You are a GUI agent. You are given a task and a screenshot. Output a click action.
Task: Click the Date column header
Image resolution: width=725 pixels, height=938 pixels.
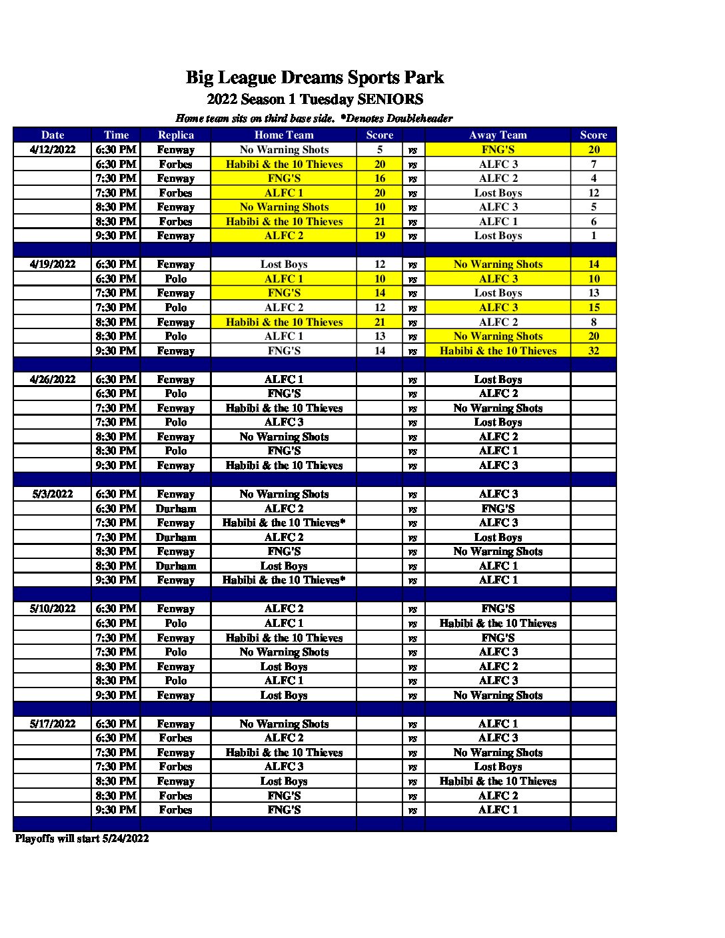52,135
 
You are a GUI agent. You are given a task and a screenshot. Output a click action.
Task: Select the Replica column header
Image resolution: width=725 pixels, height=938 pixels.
175,135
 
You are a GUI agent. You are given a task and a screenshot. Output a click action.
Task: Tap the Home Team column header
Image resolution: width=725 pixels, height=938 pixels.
284,135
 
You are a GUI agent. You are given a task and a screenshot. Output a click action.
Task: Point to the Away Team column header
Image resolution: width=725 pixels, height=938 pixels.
498,135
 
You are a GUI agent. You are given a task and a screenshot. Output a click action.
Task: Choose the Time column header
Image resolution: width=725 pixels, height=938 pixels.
116,135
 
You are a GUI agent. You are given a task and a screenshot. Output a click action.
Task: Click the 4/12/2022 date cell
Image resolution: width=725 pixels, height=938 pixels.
53,149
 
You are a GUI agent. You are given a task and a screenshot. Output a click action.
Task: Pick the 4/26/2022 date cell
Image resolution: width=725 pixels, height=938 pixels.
53,379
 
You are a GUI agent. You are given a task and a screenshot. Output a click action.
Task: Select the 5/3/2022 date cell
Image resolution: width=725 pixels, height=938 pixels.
53,494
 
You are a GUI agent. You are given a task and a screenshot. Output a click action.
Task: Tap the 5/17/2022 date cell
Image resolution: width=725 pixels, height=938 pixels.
53,723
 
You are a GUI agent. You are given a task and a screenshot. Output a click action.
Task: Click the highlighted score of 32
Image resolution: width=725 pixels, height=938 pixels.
593,350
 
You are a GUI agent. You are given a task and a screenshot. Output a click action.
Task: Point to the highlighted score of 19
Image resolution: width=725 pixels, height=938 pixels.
380,235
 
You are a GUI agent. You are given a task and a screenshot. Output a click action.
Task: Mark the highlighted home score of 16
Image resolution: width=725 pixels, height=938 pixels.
380,178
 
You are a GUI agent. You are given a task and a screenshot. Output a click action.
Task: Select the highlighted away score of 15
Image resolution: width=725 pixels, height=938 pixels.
593,307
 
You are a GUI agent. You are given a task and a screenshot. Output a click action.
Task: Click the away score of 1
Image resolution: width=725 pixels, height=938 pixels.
593,235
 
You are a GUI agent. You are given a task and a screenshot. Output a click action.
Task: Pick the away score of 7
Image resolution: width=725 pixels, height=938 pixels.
593,164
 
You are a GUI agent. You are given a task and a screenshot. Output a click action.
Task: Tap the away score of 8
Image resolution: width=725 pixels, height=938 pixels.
593,322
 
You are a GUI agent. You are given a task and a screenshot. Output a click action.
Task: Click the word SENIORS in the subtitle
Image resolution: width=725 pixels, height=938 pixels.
390,99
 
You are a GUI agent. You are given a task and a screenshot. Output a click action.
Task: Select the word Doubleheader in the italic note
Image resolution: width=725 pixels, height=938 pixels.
419,119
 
